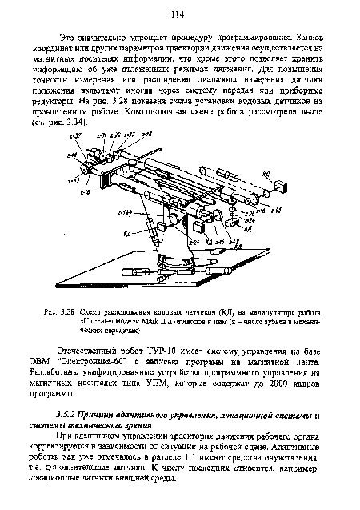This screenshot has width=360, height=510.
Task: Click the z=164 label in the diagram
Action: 124,212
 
